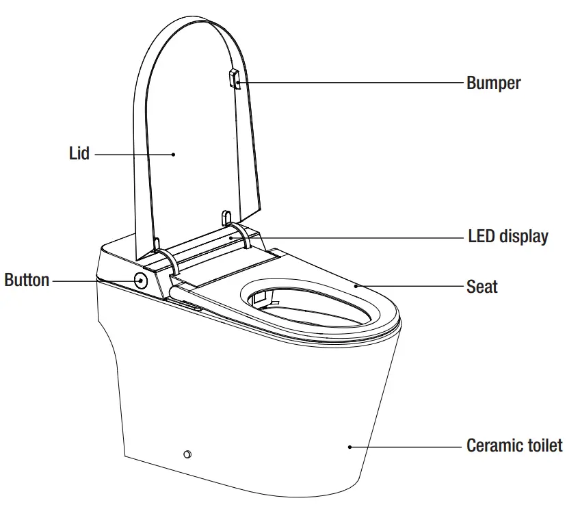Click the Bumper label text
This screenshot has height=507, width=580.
(x=493, y=83)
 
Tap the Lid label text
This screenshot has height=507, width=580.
(x=79, y=153)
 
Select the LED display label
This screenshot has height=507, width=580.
(x=507, y=237)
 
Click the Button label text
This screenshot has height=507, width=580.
(x=27, y=280)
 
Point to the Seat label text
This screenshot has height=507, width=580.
(x=482, y=286)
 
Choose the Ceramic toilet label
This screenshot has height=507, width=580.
(x=514, y=446)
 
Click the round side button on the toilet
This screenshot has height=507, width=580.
(x=141, y=280)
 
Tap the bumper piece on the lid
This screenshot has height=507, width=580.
(x=233, y=79)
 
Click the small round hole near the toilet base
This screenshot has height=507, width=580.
(x=187, y=454)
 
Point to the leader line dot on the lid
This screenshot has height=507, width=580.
(x=174, y=154)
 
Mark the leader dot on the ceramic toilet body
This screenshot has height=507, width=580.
(x=350, y=447)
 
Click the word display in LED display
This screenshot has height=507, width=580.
(x=523, y=237)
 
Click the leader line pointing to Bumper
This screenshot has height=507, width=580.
(x=349, y=83)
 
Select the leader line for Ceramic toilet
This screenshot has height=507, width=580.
(x=407, y=447)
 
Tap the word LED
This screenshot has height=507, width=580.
(x=481, y=237)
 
